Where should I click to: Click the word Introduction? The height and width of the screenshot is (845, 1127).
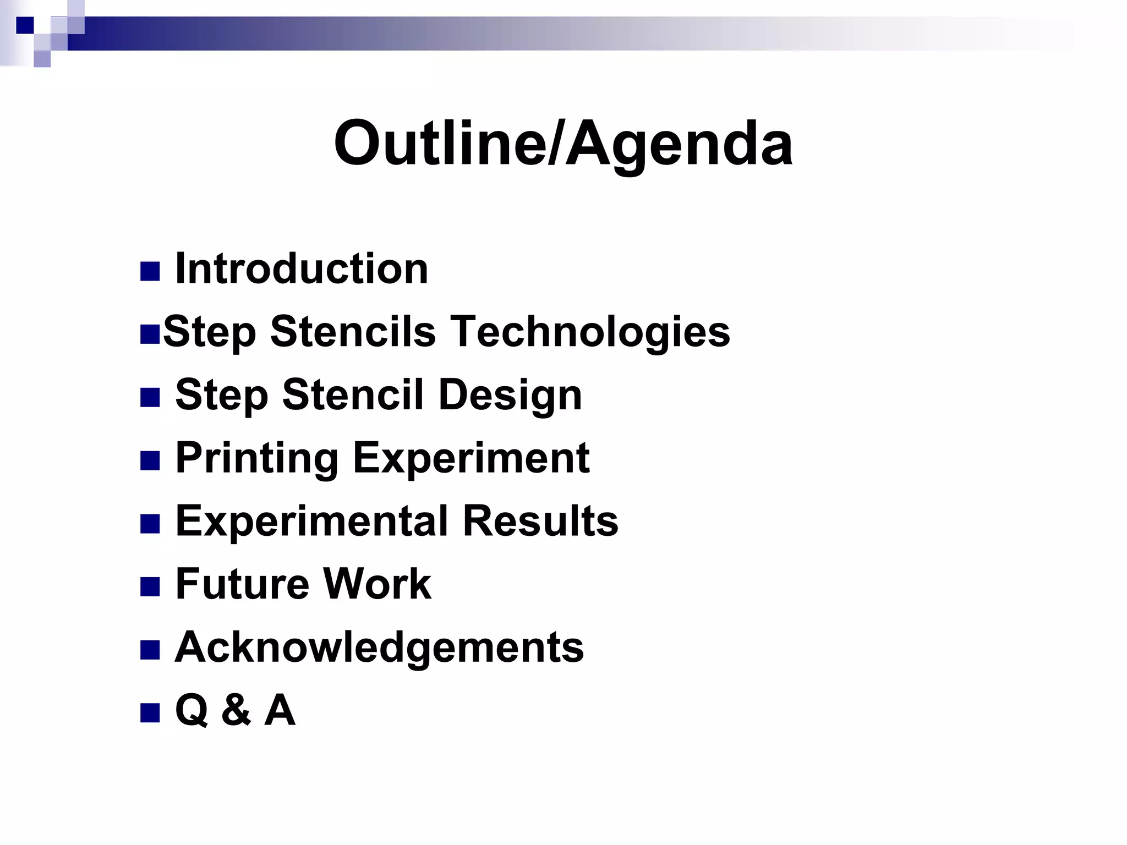tap(302, 269)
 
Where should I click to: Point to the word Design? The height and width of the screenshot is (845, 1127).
tap(510, 395)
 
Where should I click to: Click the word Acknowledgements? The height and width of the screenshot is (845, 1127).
tap(379, 647)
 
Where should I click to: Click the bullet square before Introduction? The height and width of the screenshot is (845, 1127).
tap(150, 271)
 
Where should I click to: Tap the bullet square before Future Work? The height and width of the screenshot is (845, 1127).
tap(150, 586)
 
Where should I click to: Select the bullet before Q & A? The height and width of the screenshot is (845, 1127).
tap(150, 712)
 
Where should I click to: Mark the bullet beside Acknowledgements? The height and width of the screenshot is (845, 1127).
tap(150, 650)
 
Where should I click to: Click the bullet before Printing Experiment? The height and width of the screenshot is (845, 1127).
tap(150, 460)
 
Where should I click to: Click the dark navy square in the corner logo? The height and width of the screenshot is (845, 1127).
tap(25, 25)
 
